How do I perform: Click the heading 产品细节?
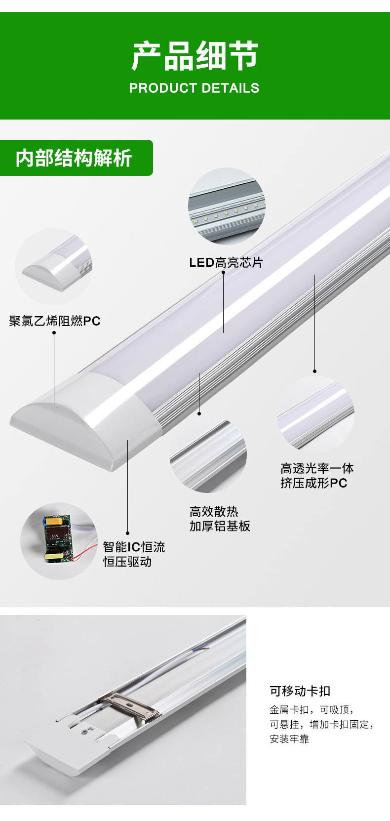click(195, 56)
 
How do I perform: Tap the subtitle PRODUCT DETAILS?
click(194, 88)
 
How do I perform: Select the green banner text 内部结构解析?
click(74, 158)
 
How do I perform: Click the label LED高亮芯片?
click(226, 262)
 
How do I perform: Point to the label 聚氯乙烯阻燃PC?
click(55, 321)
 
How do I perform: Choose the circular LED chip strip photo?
click(226, 206)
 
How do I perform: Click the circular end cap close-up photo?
click(54, 267)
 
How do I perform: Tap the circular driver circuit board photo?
click(59, 541)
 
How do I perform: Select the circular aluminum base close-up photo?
click(208, 454)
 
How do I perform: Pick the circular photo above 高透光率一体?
click(315, 414)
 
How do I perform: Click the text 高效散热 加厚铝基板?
click(220, 519)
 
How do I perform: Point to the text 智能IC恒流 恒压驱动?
click(134, 554)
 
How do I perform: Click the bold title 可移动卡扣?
click(300, 691)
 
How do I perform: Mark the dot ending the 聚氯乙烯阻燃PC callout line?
click(54, 332)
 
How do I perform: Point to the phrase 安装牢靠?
click(289, 739)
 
